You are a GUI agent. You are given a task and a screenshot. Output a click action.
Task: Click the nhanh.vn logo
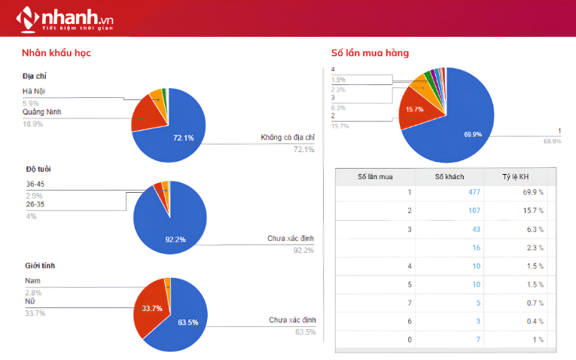[x=65, y=20]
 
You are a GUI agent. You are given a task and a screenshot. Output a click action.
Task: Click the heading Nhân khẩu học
[x=56, y=53]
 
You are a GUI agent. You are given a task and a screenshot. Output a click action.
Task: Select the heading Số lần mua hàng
[x=370, y=53]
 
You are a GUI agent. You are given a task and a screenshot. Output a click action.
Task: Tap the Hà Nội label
[x=34, y=91]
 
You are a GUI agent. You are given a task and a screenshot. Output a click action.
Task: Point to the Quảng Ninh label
[x=42, y=111]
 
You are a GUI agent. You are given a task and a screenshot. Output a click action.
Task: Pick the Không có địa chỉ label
[x=288, y=137]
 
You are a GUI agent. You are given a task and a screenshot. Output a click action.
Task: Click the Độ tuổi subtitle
[x=38, y=169]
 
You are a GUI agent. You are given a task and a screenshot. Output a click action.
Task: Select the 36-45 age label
[x=35, y=184]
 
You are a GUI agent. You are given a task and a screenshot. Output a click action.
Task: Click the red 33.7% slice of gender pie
[x=149, y=309]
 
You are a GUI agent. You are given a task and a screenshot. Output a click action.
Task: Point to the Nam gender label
[x=32, y=281]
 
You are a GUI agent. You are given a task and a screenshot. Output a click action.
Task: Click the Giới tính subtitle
[x=40, y=266]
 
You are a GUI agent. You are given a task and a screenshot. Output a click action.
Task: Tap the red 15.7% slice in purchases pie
[x=417, y=110]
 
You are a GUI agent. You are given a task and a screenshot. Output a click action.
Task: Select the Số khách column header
[x=450, y=177]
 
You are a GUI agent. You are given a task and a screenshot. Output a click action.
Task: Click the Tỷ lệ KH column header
[x=515, y=177]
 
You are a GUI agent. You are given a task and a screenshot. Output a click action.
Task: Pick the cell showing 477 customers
[x=474, y=192]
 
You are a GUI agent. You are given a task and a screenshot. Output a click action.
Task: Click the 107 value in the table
[x=474, y=210]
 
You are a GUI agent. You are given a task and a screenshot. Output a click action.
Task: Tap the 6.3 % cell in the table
[x=535, y=229]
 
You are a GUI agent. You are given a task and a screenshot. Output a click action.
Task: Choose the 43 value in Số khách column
[x=476, y=229]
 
